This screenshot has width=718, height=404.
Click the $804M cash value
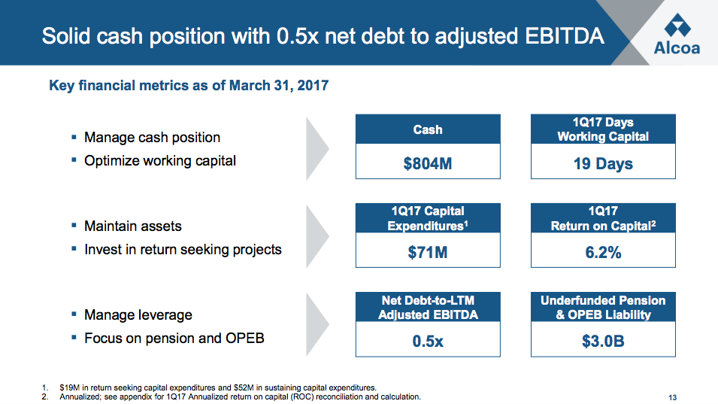coord(427,163)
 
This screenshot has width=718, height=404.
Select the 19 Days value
coord(603,163)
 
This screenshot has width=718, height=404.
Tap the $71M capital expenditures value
coord(427,252)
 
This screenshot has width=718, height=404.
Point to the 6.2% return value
coord(603,252)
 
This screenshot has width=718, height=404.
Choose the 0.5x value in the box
coord(427,341)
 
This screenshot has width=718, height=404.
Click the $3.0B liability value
coord(603,341)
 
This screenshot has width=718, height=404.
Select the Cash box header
coord(427,129)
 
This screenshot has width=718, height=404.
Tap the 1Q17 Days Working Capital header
coord(603,129)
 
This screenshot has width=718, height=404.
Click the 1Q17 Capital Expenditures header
coord(427,218)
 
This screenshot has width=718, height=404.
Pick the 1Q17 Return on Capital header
coord(603,218)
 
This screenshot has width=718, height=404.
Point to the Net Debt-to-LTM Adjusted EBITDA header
coord(427,308)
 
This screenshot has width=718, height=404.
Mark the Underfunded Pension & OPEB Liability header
coord(603,308)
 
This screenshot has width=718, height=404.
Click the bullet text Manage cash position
coord(152,138)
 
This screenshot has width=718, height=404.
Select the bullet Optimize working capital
coord(160,160)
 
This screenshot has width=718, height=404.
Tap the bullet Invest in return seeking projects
coord(183,249)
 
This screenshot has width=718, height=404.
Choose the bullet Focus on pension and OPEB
coord(174,338)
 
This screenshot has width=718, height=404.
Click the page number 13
coord(672,397)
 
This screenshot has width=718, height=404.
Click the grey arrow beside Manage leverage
coord(318,325)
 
